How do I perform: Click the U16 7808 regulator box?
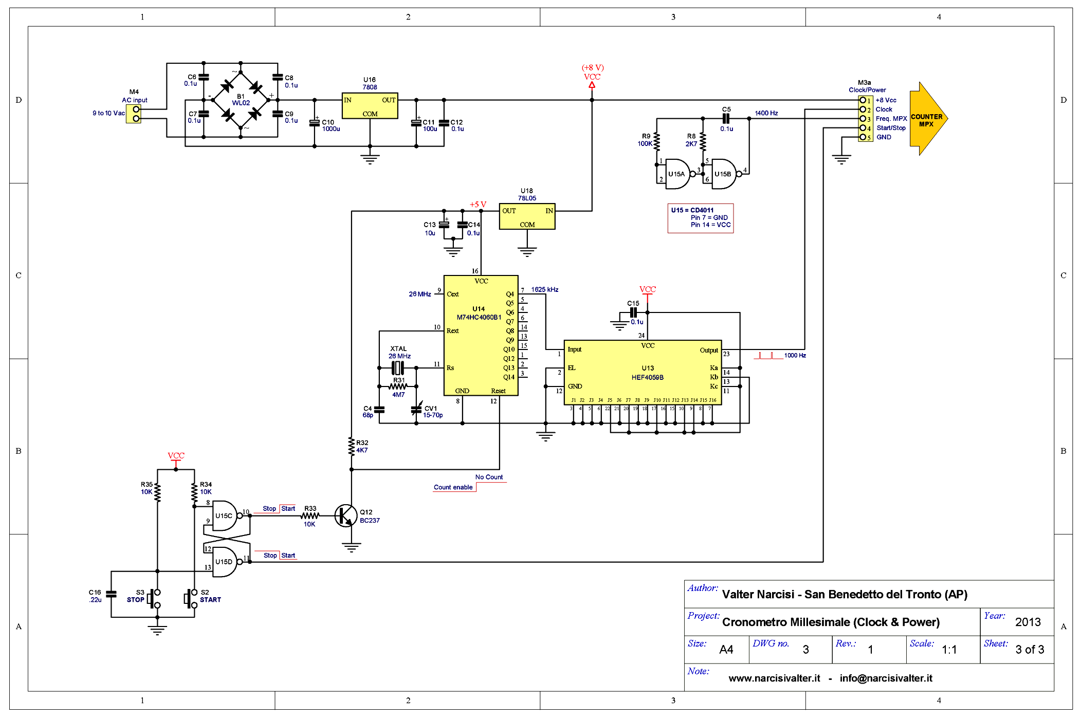point(370,106)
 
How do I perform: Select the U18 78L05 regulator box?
point(527,216)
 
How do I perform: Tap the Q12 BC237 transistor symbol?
point(346,515)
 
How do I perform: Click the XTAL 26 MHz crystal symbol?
point(398,368)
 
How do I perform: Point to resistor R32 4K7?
point(352,446)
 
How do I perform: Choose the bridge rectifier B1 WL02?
point(241,100)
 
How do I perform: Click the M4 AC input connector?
point(136,114)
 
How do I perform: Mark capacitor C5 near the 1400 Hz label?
point(726,119)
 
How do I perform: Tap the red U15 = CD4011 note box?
point(701,218)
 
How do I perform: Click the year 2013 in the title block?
point(1028,622)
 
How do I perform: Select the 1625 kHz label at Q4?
point(545,290)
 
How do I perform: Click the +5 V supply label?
point(478,205)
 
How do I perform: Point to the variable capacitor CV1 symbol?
point(416,409)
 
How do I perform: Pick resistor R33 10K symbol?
point(310,515)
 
